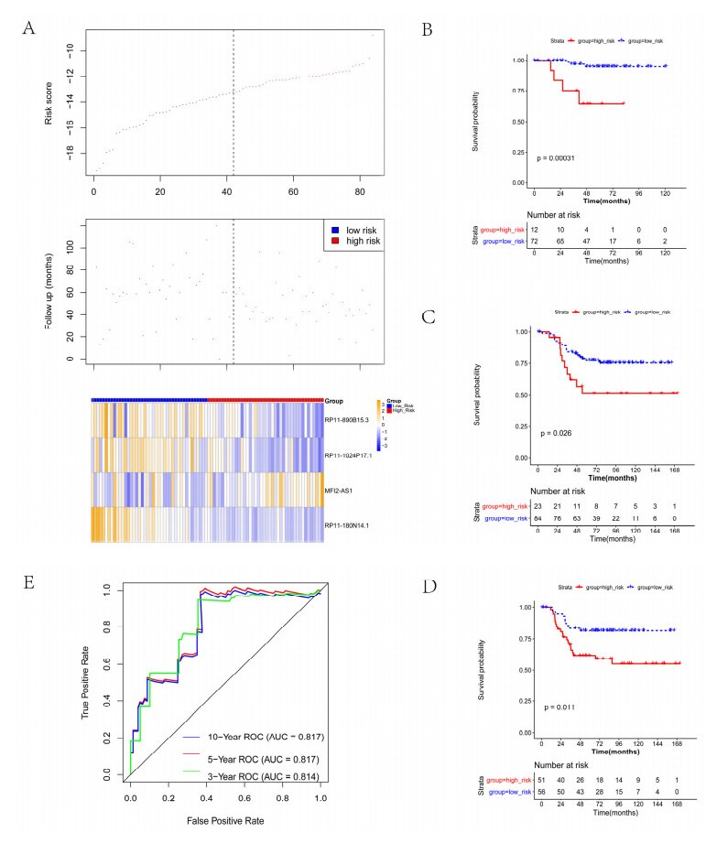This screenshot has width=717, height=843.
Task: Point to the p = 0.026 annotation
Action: [x=558, y=433]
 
